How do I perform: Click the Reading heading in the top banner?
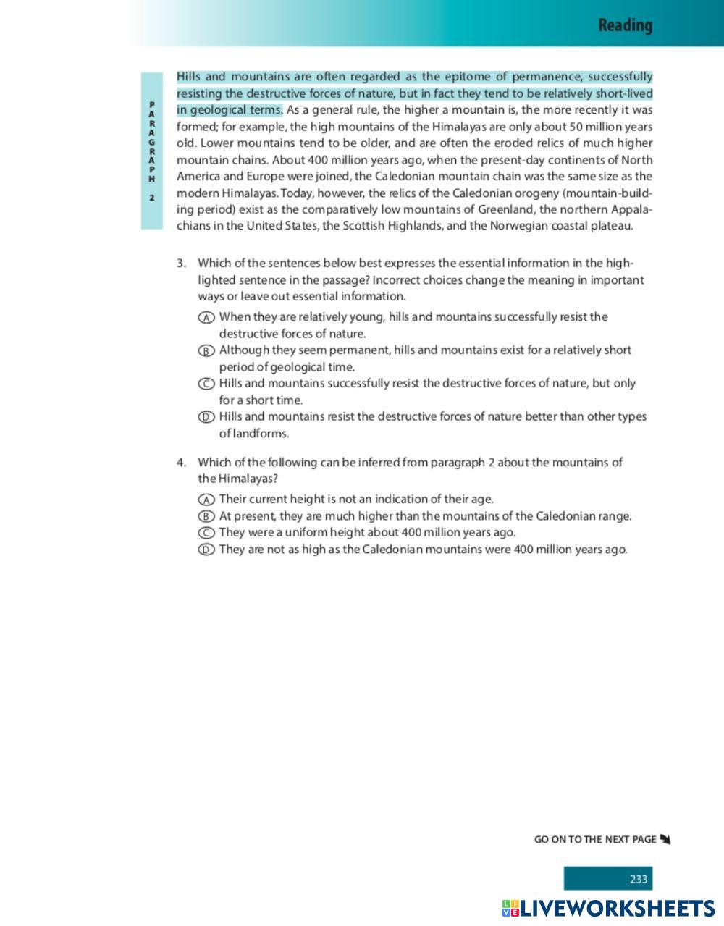click(625, 26)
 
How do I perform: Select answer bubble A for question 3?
click(206, 318)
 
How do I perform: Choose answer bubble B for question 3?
click(206, 351)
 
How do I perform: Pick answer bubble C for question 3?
click(206, 384)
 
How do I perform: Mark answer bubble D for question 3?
click(206, 418)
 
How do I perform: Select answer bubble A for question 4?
click(206, 500)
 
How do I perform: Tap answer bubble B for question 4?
click(206, 517)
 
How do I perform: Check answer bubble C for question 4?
click(206, 534)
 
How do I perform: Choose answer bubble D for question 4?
click(206, 550)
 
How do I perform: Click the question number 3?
click(181, 264)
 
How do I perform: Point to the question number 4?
click(181, 463)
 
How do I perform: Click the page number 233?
click(638, 879)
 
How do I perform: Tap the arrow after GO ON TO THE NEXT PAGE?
click(665, 840)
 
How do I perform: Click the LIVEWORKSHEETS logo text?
click(618, 909)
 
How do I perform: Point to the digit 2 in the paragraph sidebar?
click(152, 198)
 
